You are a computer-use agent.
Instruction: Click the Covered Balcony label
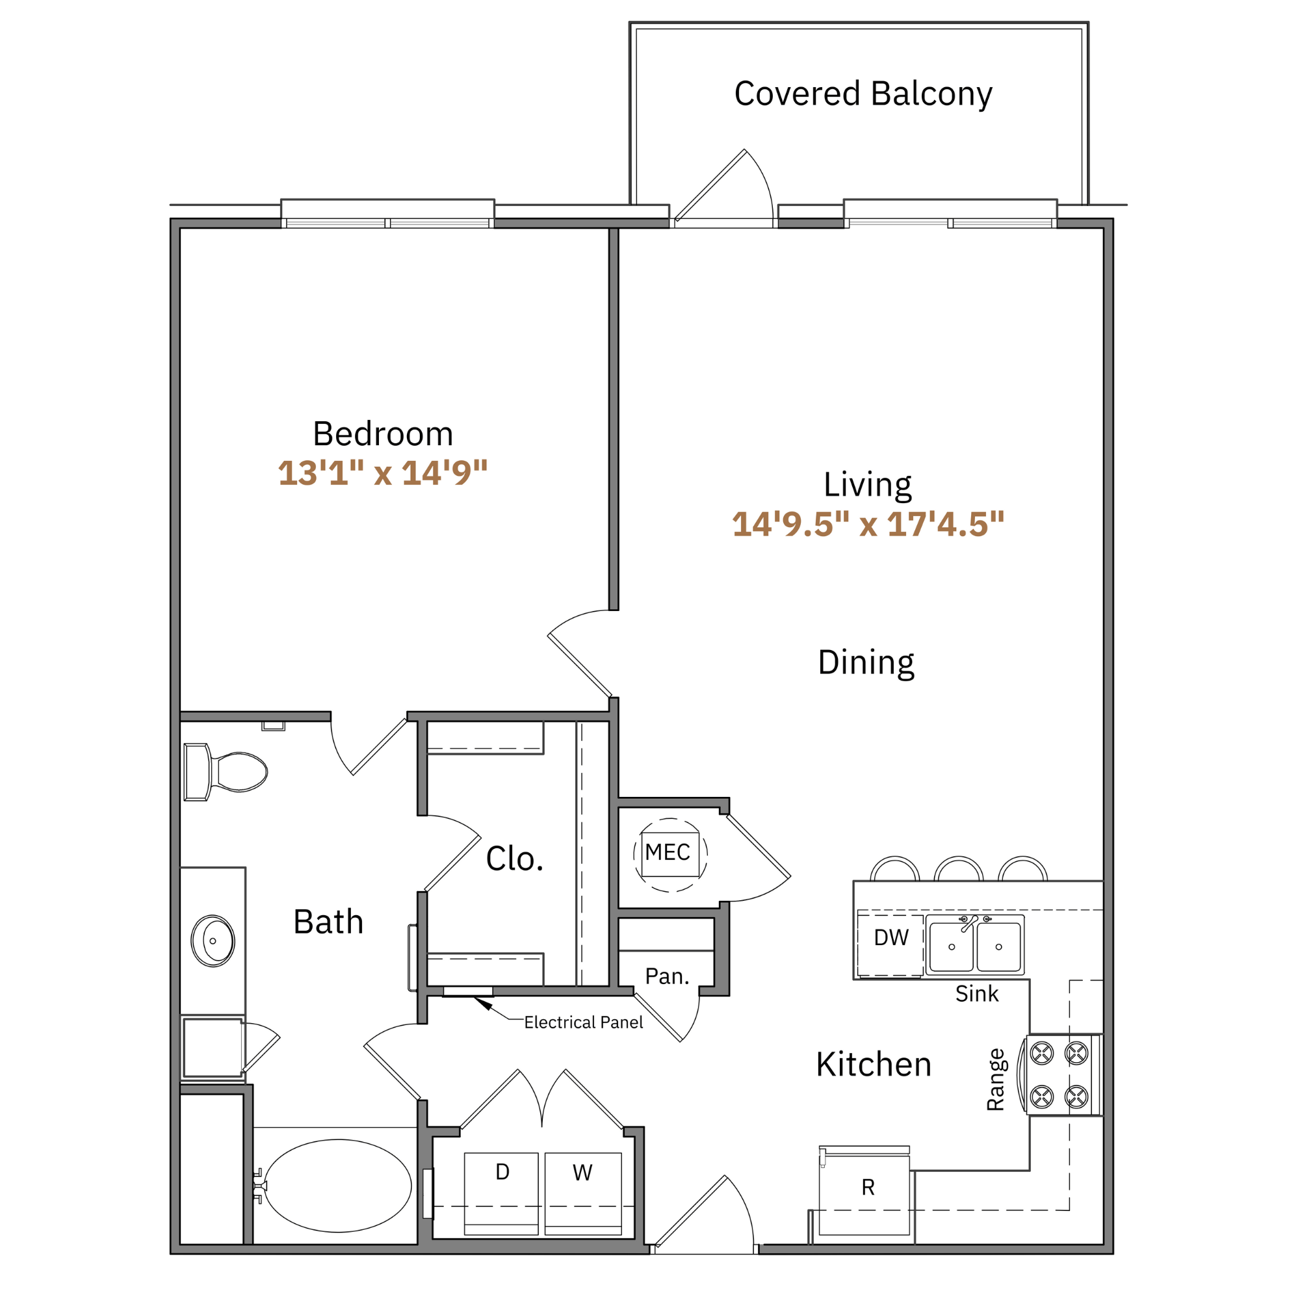pos(863,94)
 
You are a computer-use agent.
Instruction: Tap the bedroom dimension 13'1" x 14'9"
pos(382,473)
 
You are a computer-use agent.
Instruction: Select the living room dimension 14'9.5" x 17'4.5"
pos(868,524)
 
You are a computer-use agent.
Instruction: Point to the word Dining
pos(866,663)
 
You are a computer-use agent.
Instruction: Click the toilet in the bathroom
pos(229,772)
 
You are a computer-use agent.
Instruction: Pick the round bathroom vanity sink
pos(213,941)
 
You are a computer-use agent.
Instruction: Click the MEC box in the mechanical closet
pos(668,853)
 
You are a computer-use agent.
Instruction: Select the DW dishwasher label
pos(891,937)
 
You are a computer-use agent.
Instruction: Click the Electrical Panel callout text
pos(584,1022)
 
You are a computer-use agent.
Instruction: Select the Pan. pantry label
pos(667,976)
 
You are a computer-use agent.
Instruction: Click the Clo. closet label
pos(514,859)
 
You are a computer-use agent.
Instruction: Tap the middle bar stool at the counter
pos(958,869)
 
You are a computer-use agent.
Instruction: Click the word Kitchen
pos(874,1065)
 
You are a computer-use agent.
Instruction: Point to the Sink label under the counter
pos(976,994)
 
